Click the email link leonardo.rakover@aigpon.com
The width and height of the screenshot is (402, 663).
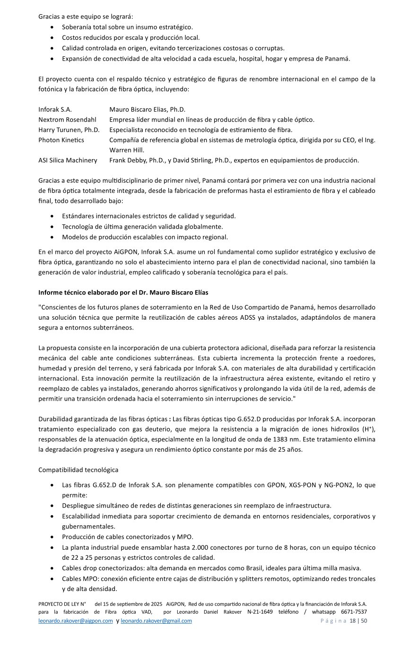click(x=76, y=621)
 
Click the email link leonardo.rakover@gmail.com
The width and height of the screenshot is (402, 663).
click(x=156, y=621)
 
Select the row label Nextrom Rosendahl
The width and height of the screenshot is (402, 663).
click(x=67, y=119)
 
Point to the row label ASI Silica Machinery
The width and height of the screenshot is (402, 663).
click(x=68, y=160)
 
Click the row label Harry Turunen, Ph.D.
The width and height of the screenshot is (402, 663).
click(x=69, y=130)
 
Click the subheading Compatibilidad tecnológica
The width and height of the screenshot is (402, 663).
click(x=78, y=470)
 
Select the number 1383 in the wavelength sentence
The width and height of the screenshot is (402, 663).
click(x=287, y=439)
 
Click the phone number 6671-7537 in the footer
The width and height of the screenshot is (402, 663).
click(x=354, y=612)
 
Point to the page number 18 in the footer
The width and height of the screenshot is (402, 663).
click(x=352, y=621)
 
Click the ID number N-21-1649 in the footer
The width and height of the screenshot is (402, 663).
click(x=260, y=612)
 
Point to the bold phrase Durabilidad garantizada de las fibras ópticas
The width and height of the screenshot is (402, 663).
click(x=103, y=419)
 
